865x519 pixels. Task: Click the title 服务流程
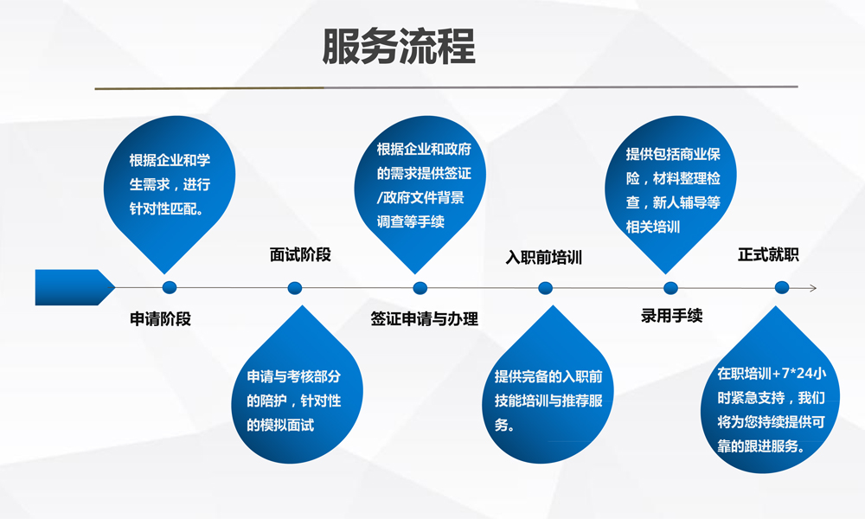coord(398,47)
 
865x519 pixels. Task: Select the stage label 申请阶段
coord(160,319)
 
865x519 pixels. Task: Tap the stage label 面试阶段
coord(300,255)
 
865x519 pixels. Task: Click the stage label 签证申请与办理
coord(424,319)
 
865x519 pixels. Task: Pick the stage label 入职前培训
coord(544,258)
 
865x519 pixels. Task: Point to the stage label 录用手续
coord(671,316)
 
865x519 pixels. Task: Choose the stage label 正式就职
coord(768,255)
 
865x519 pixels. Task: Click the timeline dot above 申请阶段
coord(170,287)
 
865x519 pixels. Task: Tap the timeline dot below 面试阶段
coord(295,288)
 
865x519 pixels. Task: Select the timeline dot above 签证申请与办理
coord(420,288)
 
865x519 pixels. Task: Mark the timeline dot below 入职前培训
coord(545,288)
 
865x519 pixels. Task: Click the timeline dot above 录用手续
coord(670,288)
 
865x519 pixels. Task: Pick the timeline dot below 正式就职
coord(782,287)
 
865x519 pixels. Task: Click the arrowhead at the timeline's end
coord(812,288)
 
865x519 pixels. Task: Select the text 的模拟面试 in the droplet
coord(280,426)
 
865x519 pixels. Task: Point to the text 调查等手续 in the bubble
coord(410,221)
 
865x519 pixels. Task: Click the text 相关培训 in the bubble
coord(652,227)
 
